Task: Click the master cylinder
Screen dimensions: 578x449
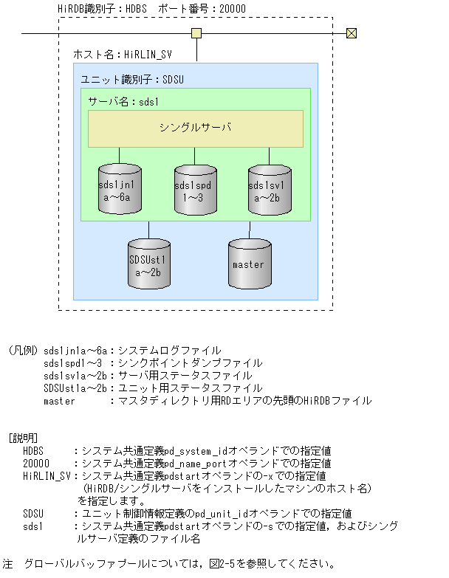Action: (249, 264)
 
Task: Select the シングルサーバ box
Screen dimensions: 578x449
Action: (196, 128)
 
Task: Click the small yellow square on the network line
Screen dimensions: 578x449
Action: (196, 33)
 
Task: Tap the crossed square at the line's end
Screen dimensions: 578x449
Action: (352, 33)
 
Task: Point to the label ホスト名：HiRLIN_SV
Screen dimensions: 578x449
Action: (123, 54)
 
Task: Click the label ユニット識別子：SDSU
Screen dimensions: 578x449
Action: (131, 79)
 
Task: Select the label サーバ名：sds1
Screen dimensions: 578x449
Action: (124, 102)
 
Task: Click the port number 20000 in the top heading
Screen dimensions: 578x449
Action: (230, 9)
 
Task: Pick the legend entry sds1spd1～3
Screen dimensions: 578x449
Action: (74, 363)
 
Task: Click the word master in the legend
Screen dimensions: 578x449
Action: (59, 401)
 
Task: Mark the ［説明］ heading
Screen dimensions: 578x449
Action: (23, 438)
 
